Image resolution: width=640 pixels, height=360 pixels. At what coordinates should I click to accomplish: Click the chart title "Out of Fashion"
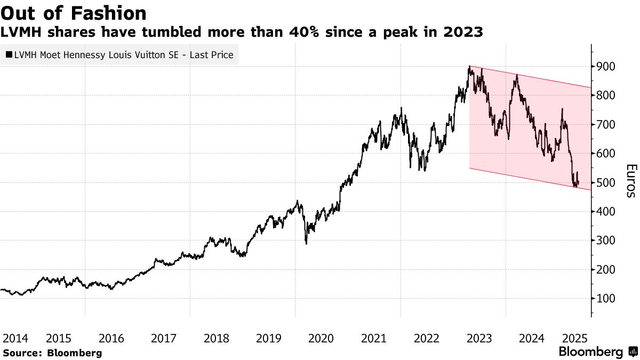pyautogui.click(x=74, y=13)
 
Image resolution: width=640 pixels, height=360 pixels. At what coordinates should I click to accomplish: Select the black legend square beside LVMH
pyautogui.click(x=9, y=54)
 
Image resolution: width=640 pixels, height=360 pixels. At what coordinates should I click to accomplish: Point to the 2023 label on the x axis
pyautogui.click(x=479, y=338)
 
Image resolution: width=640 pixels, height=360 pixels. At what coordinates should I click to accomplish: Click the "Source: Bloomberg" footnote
pyautogui.click(x=52, y=353)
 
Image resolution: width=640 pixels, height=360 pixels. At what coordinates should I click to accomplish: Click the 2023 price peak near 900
pyautogui.click(x=469, y=67)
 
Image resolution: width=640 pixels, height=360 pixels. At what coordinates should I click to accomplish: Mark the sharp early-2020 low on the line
pyautogui.click(x=306, y=243)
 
